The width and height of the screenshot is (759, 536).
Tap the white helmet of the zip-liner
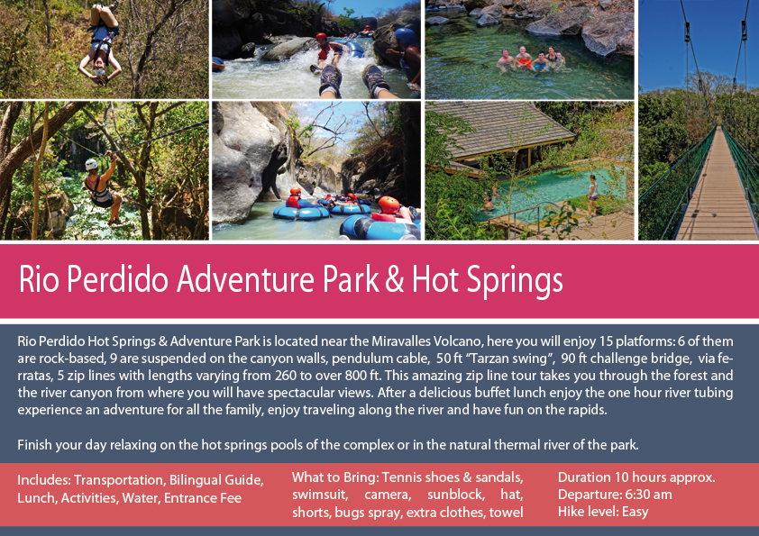click(x=91, y=164)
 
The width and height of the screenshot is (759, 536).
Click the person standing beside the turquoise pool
click(x=593, y=194)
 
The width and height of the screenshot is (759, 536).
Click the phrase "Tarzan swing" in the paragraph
click(x=498, y=359)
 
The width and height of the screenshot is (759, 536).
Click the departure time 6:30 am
click(x=654, y=495)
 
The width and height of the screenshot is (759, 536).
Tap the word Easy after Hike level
click(x=632, y=512)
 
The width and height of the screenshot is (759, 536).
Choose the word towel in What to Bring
click(x=507, y=513)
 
